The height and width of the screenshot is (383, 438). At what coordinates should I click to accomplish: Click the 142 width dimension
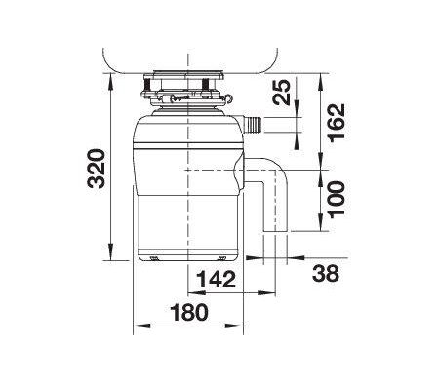[x=216, y=281]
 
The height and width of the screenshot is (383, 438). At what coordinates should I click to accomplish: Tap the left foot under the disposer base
[x=155, y=257]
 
